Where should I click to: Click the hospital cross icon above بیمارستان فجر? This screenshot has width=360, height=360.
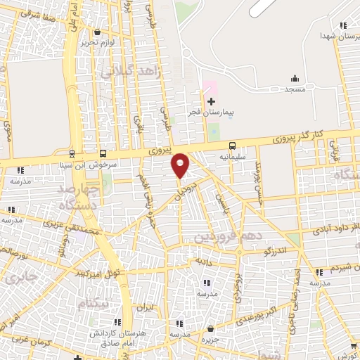(211, 102)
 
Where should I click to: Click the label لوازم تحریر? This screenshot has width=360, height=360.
(96, 42)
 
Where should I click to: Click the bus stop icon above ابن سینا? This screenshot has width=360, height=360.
(72, 153)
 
